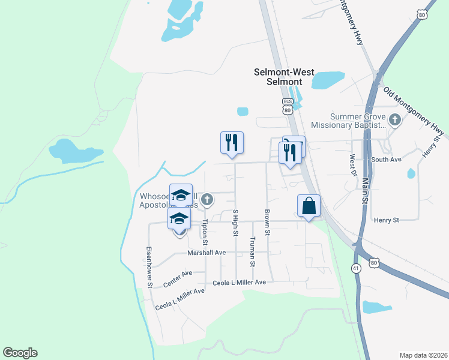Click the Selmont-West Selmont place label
284,76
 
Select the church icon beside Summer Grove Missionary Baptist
394,120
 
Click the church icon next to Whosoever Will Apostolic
207,199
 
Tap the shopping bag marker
309,206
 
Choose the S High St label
235,223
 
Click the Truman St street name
253,251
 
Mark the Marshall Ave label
206,253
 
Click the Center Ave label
178,277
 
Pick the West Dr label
353,165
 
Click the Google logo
20,353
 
